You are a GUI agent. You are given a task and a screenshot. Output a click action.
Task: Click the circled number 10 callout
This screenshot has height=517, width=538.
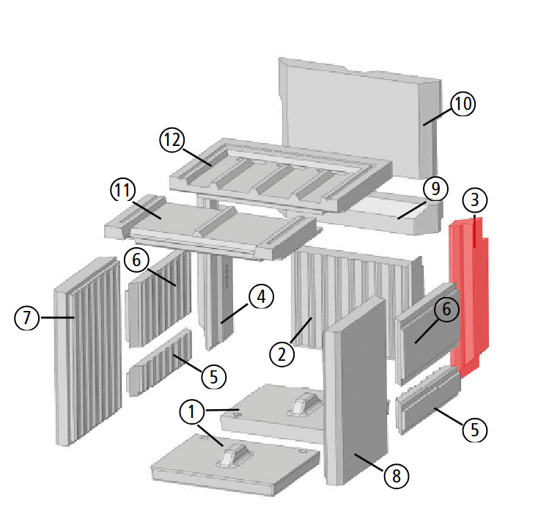pyautogui.click(x=463, y=105)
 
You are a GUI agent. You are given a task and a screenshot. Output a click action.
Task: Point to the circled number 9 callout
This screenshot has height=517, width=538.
pyautogui.click(x=435, y=190)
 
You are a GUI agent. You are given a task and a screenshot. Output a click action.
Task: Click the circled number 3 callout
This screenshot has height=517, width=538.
pyautogui.click(x=474, y=200)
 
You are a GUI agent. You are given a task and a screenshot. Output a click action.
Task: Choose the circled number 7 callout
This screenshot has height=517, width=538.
pyautogui.click(x=27, y=319)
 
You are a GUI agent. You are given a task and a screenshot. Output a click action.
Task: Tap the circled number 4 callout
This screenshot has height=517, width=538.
pyautogui.click(x=261, y=298)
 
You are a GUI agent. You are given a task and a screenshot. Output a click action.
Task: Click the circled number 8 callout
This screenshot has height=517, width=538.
pyautogui.click(x=396, y=475)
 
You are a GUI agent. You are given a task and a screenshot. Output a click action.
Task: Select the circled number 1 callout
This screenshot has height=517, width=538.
pyautogui.click(x=192, y=414)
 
